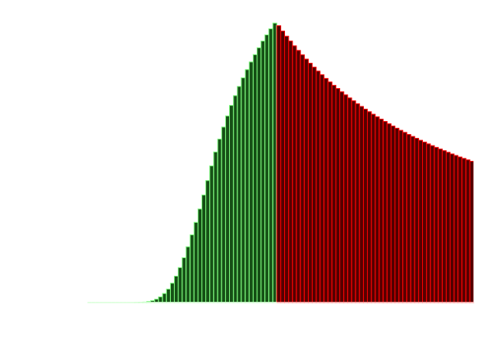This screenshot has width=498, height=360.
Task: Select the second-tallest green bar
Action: [x=270, y=165]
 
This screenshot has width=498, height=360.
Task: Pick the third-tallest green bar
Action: [x=267, y=169]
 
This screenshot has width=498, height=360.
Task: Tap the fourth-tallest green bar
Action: [x=263, y=172]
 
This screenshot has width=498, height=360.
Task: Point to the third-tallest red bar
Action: [x=287, y=169]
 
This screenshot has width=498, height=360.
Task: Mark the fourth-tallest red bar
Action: [x=290, y=172]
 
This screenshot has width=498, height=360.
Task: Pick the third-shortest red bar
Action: [x=464, y=231]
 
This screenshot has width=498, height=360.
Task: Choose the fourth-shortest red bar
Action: [x=460, y=230]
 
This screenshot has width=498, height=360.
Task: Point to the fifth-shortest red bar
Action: [x=456, y=229]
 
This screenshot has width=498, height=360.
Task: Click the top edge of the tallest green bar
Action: [x=274, y=23]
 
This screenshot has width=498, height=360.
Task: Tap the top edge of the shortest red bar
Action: [x=471, y=162]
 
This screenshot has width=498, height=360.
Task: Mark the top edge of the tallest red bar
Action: [x=279, y=26]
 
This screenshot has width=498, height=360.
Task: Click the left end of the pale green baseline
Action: [x=88, y=302]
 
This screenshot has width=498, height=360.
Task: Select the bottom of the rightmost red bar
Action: [x=471, y=301]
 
